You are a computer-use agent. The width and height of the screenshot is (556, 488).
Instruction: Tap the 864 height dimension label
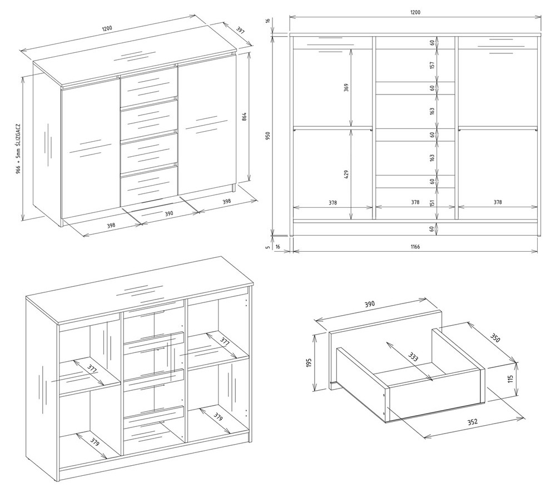244,117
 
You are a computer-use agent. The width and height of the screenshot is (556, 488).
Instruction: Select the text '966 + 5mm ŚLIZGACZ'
18,149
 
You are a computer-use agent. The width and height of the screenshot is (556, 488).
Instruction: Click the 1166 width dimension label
415,247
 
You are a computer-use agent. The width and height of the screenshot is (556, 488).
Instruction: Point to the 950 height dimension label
268,136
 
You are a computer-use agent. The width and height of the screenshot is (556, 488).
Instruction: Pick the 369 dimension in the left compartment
346,87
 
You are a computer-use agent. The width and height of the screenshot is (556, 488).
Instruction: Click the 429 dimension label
346,175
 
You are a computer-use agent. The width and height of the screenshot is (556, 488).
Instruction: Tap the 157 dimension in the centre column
432,65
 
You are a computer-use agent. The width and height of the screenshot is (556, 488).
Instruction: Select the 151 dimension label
432,203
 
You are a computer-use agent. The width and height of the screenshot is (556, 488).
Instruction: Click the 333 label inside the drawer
413,356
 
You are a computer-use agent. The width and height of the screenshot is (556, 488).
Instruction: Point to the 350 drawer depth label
495,338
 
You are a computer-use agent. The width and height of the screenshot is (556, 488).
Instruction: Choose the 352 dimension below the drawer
472,422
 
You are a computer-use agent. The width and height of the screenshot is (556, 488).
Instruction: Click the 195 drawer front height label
309,362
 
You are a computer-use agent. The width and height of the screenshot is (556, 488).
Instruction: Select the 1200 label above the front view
415,12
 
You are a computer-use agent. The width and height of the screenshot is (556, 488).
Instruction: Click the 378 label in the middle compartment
415,202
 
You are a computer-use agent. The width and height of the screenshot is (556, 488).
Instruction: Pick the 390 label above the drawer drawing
370,304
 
